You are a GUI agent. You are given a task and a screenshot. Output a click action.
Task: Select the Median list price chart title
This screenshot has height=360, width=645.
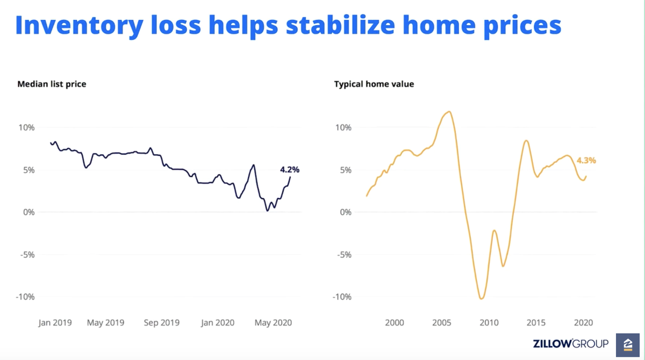52,84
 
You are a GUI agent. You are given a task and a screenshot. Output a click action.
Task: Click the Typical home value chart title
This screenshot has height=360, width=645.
374,84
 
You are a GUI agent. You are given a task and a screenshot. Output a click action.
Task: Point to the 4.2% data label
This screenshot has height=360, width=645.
290,170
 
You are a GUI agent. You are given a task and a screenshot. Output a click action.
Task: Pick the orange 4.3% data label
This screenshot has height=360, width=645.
586,160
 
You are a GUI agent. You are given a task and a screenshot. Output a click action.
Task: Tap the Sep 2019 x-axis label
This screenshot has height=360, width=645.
162,323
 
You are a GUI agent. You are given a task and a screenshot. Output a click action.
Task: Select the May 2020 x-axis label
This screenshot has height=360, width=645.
273,323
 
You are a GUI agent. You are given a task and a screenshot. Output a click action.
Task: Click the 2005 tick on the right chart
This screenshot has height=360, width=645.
442,323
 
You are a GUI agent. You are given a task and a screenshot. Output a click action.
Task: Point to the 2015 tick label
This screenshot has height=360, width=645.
536,323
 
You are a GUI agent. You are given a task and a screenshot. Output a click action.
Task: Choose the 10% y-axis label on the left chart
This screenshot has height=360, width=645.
26,128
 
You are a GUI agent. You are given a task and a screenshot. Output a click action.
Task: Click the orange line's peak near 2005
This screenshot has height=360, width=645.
449,112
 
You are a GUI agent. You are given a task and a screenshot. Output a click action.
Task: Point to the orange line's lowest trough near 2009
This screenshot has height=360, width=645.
481,299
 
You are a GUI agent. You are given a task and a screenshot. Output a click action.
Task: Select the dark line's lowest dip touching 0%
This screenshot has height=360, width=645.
267,211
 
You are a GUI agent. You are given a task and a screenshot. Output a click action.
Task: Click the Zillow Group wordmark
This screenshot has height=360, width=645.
570,343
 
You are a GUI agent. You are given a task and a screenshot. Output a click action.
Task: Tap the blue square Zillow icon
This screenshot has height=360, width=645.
628,344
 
